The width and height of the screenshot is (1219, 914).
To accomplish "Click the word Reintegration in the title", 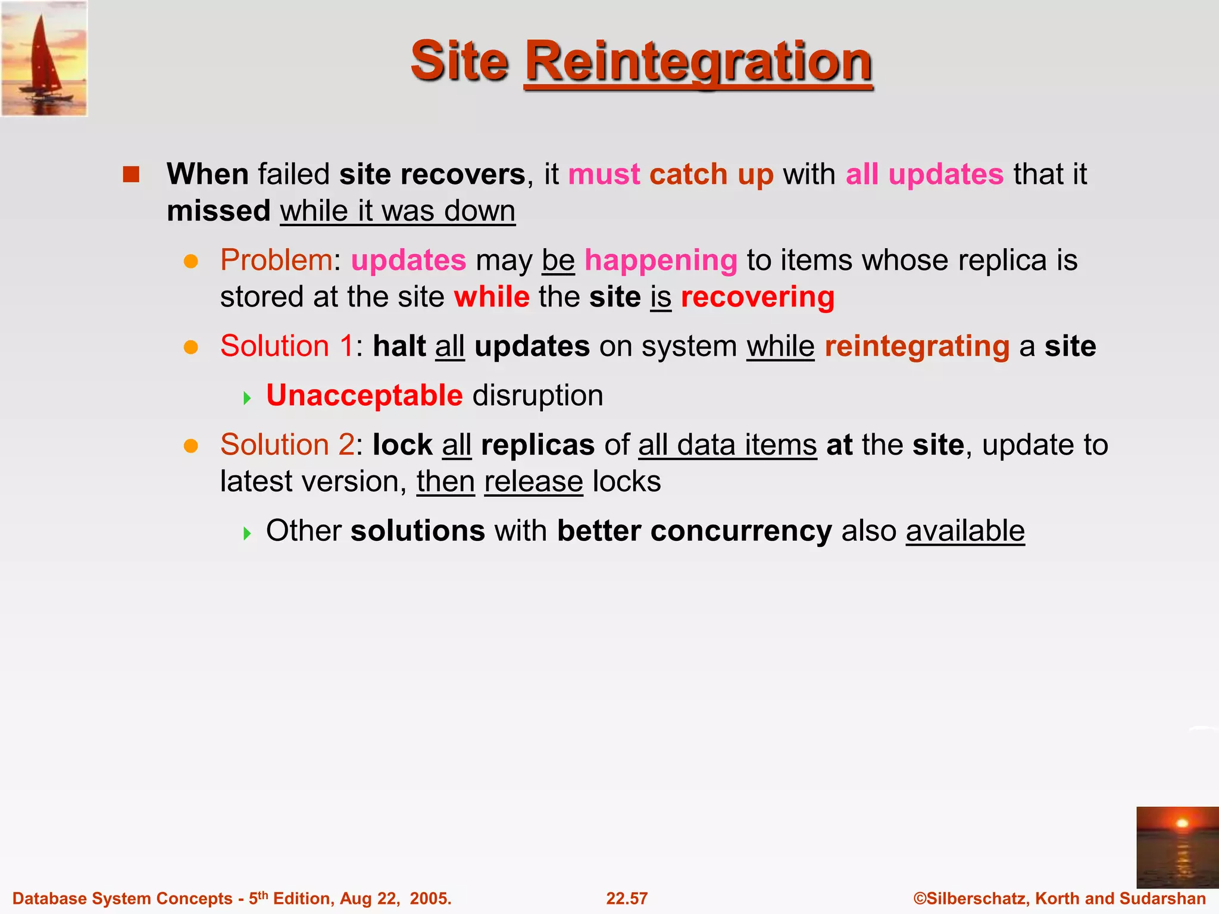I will pyautogui.click(x=698, y=62).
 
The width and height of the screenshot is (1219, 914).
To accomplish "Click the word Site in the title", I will pyautogui.click(x=459, y=62).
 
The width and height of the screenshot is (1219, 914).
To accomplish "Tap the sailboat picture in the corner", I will pyautogui.click(x=44, y=58).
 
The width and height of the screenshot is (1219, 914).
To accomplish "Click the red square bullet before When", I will pyautogui.click(x=131, y=174).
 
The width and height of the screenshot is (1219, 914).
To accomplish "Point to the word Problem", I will pyautogui.click(x=276, y=260).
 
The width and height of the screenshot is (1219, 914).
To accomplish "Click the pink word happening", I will pyautogui.click(x=661, y=261).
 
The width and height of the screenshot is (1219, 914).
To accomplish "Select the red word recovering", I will pyautogui.click(x=757, y=297).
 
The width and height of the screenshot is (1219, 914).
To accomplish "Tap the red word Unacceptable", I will pyautogui.click(x=364, y=395).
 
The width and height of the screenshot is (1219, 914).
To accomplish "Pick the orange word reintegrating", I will pyautogui.click(x=917, y=346).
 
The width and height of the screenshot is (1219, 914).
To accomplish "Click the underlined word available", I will pyautogui.click(x=965, y=531).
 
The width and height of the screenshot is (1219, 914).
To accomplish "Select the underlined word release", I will pyautogui.click(x=533, y=481).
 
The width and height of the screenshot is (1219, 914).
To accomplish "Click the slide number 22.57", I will pyautogui.click(x=627, y=899).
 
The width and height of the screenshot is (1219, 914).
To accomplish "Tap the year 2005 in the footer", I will pyautogui.click(x=429, y=899).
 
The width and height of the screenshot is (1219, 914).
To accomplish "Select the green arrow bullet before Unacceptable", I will pyautogui.click(x=248, y=397).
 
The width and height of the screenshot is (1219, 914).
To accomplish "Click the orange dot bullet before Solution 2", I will pyautogui.click(x=190, y=446).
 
